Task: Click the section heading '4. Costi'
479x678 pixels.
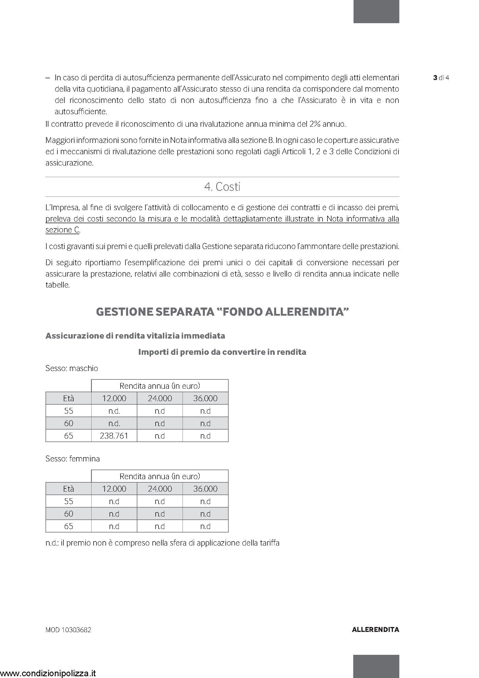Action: click(222, 187)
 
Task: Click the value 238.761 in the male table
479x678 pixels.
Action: click(114, 436)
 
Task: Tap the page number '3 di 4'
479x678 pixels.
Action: click(441, 78)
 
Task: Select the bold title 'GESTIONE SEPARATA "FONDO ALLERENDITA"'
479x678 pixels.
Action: click(222, 312)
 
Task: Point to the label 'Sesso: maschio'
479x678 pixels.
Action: click(72, 368)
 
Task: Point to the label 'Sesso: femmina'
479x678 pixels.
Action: click(73, 459)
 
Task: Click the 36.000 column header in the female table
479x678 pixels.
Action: click(205, 489)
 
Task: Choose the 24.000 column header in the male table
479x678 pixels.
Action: click(160, 399)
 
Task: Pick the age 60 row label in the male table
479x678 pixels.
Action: click(68, 423)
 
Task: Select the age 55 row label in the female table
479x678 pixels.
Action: click(68, 501)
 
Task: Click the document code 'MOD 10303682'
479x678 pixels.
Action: click(68, 630)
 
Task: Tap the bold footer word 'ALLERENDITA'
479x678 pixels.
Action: click(376, 630)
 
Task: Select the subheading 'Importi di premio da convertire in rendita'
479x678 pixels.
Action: click(222, 352)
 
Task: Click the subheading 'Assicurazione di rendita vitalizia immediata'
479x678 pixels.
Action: click(135, 336)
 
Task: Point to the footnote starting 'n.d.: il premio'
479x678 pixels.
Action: click(162, 543)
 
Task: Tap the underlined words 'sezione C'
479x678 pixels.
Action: click(62, 230)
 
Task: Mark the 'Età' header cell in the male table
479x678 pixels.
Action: click(68, 399)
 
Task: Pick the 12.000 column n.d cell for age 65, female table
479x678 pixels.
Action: click(114, 526)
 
